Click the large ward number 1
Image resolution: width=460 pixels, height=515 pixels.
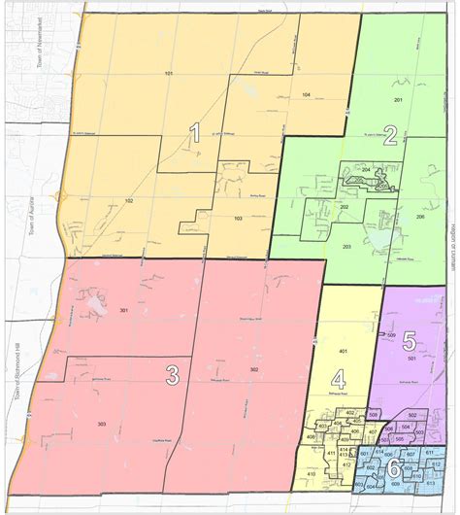(x=194, y=133)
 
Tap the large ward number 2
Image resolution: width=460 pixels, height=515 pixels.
(x=390, y=136)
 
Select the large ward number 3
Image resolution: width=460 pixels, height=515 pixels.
(x=172, y=374)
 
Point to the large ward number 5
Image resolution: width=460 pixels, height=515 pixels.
(x=409, y=341)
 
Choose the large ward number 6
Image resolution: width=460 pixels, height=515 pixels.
(x=393, y=467)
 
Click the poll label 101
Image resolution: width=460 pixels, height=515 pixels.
(x=168, y=74)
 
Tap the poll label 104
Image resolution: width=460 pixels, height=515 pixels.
(x=306, y=94)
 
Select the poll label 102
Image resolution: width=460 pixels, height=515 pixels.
(x=128, y=200)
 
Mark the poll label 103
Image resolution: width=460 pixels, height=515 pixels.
(x=238, y=220)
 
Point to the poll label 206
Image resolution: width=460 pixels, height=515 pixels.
(x=420, y=216)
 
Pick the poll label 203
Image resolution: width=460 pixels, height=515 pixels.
(x=345, y=248)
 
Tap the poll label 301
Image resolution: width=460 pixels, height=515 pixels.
(x=124, y=310)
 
